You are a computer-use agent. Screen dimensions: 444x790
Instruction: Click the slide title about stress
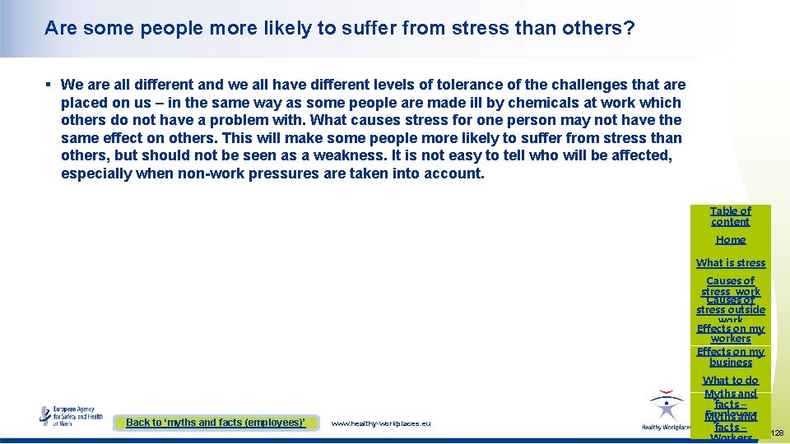click(x=339, y=29)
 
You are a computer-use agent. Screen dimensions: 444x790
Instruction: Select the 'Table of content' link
click(x=730, y=216)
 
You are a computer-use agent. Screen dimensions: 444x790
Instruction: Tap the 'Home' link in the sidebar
click(x=730, y=240)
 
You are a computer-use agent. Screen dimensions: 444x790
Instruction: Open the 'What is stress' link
click(x=730, y=263)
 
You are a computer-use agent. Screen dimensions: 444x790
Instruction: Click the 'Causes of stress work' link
click(x=730, y=285)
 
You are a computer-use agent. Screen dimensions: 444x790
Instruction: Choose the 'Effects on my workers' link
click(x=730, y=333)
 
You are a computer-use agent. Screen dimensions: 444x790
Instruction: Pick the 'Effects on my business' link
click(x=730, y=357)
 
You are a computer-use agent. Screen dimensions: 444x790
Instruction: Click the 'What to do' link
click(x=730, y=381)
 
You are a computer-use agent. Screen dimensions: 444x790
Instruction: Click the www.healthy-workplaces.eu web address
click(x=380, y=423)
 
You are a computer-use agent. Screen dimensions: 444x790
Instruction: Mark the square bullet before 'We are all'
click(x=49, y=85)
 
